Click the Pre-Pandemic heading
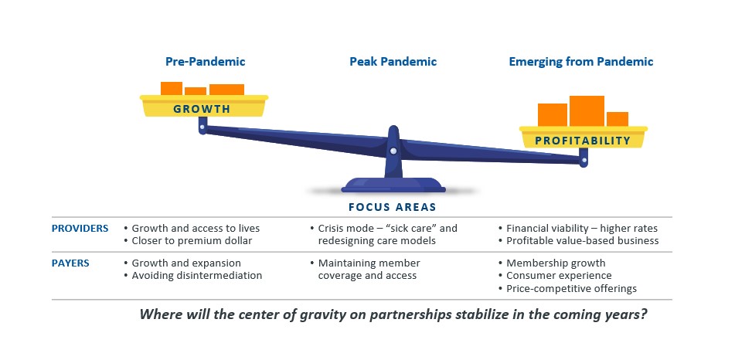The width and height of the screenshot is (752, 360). point(205,61)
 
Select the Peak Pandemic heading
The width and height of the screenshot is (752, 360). point(393,61)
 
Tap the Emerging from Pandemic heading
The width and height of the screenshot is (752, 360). point(580,61)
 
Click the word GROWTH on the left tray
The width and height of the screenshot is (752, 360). point(202,109)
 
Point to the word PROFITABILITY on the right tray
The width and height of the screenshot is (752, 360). point(584,141)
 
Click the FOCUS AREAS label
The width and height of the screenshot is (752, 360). point(392,207)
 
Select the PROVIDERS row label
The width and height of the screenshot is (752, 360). point(80,228)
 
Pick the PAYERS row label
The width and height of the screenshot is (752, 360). point(70,263)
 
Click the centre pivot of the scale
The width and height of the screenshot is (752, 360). point(393,151)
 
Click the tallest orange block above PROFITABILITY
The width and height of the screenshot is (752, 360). point(587,110)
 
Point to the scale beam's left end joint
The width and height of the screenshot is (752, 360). point(202,130)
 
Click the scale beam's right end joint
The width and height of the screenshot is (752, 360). point(584,161)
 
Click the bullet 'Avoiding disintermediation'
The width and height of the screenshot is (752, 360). point(197,275)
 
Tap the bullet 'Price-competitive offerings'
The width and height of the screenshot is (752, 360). point(571,288)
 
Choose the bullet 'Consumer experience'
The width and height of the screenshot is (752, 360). point(559,275)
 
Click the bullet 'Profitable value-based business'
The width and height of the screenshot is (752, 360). point(582,240)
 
